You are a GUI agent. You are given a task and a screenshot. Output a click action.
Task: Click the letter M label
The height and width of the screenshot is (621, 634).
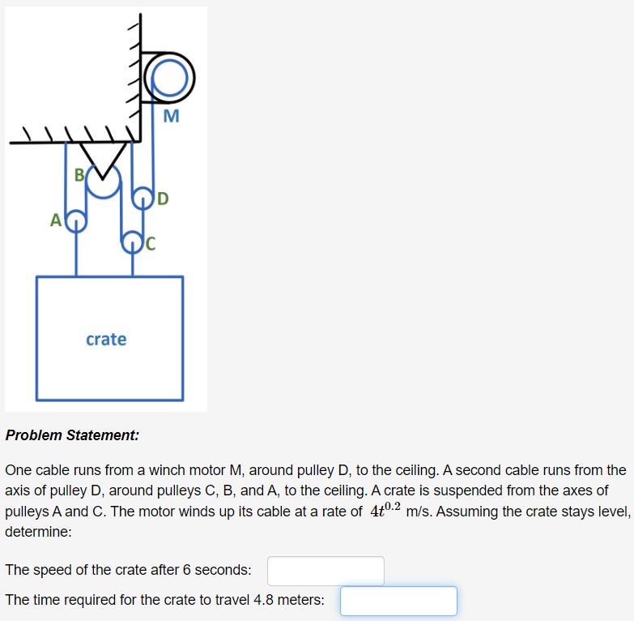(x=170, y=118)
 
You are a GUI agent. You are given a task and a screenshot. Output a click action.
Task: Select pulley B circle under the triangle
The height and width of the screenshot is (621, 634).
(x=104, y=182)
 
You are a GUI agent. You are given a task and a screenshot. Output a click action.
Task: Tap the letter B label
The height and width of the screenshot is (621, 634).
(x=79, y=174)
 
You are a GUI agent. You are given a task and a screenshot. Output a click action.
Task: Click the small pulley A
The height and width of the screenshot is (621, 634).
(x=76, y=220)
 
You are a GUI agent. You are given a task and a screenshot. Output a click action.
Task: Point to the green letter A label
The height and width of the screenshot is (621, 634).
(x=55, y=220)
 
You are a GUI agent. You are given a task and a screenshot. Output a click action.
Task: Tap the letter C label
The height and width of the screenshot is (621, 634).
(x=150, y=242)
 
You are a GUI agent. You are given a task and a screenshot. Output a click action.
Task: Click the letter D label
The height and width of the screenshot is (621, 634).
(x=163, y=199)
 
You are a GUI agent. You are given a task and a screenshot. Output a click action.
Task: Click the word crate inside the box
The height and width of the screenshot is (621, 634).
(x=106, y=339)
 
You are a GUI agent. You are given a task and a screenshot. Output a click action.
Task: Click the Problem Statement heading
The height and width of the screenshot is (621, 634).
(x=72, y=435)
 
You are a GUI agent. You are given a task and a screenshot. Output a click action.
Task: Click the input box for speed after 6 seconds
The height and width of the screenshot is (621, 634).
(x=326, y=571)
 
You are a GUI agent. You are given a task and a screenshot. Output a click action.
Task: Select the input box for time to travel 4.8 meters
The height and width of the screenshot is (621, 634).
(x=398, y=601)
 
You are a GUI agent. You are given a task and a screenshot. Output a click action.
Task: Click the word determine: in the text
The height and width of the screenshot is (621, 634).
(x=38, y=533)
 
